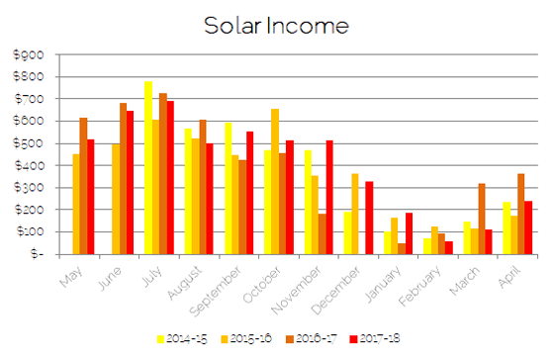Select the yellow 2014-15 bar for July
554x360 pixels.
(x=148, y=168)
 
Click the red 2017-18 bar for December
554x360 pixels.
(x=369, y=218)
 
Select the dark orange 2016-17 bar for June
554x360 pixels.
(x=124, y=178)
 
